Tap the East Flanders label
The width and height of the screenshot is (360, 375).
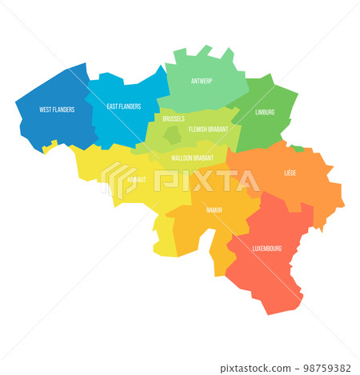coord(124,106)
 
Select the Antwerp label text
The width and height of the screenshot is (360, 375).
coord(202,82)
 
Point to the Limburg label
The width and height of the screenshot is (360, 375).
coord(264,112)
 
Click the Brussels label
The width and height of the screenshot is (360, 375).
coord(173,119)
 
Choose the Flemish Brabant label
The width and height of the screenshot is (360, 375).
coord(209,129)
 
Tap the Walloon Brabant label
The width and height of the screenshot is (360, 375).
coord(192,158)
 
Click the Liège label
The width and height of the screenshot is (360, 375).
coord(290,173)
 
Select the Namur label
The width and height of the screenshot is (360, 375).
coord(214,209)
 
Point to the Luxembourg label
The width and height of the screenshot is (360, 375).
coord(266,248)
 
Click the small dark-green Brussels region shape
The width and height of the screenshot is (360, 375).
coord(172,136)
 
